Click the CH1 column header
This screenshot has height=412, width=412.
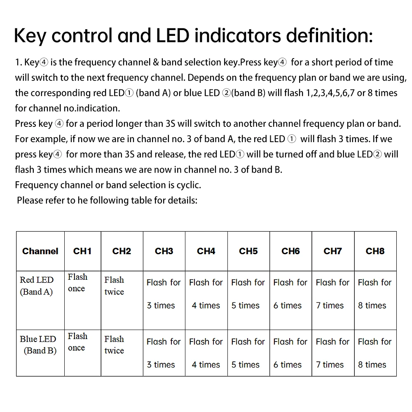(82, 251)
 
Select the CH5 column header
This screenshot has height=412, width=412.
(248, 251)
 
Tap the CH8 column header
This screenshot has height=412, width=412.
(375, 251)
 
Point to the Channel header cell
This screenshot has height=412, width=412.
(40, 251)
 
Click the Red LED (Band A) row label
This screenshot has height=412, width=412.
(37, 286)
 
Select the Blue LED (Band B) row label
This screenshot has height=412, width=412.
(38, 345)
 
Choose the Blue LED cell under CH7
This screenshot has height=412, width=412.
(332, 353)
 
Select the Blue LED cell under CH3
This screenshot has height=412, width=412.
(164, 353)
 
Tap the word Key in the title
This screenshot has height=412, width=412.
(30, 36)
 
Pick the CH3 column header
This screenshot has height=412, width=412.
(164, 251)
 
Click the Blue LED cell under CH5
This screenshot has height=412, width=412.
(248, 353)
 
